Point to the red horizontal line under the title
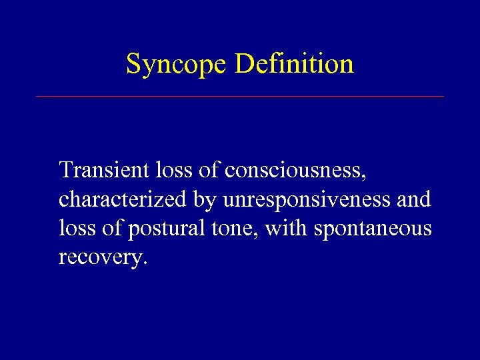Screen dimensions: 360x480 point(239,97)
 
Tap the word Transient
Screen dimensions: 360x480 point(103,170)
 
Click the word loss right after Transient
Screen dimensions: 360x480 point(175,170)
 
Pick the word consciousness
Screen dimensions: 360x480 point(294,171)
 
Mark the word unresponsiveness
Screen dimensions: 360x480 point(304,200)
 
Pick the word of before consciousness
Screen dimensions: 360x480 point(209,170)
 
